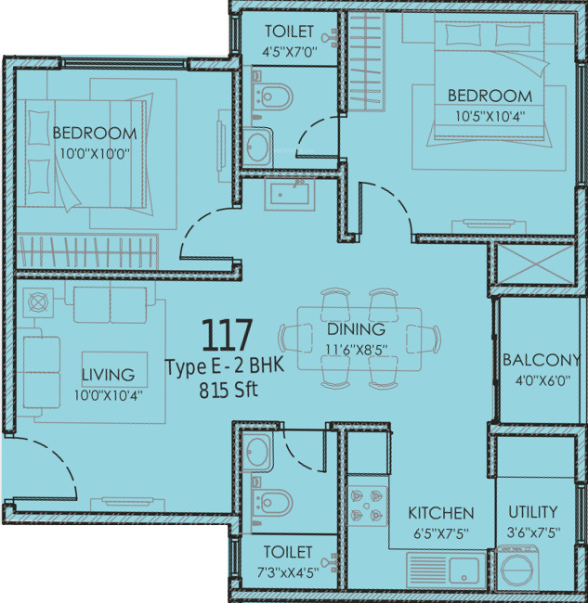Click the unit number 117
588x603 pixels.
point(227,335)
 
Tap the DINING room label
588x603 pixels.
point(356,329)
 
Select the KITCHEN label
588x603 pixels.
point(441,513)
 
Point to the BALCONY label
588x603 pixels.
point(541,360)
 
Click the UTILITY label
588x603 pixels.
point(533,512)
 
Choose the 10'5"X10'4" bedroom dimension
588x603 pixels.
point(490,116)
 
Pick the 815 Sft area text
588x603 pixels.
point(229,391)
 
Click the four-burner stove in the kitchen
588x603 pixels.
point(367,506)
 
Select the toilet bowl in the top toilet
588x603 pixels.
point(272,96)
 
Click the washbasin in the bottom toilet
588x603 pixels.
point(257,450)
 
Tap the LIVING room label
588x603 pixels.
point(108,375)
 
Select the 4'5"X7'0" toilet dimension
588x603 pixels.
point(289,51)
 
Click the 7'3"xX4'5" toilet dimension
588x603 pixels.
point(288,572)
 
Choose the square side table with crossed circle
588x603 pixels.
point(38,302)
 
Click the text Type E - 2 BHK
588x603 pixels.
point(225,366)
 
